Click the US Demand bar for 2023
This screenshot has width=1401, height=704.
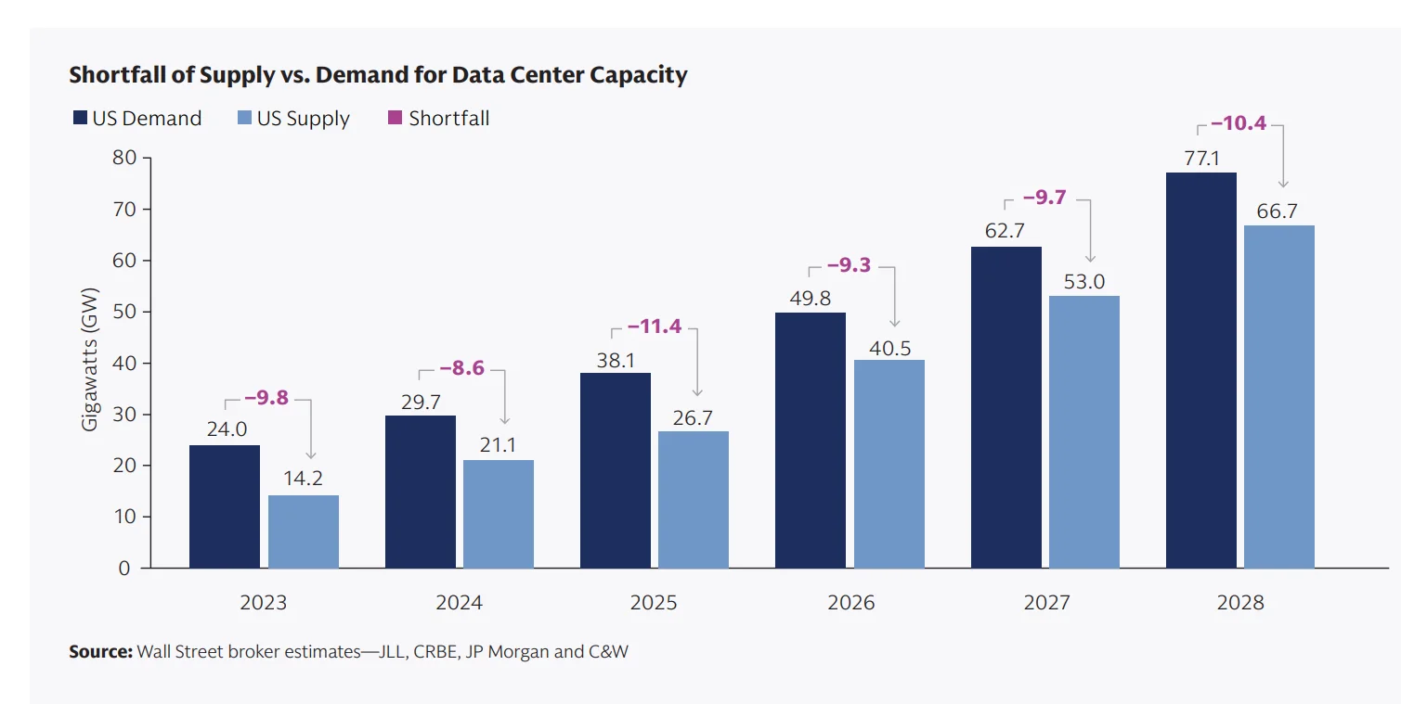coord(225,506)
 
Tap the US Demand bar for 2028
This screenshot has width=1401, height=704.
coord(1200,370)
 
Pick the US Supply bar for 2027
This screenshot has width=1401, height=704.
coord(1084,431)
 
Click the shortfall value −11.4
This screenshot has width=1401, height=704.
coord(655,326)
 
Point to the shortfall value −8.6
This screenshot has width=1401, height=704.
coord(462,368)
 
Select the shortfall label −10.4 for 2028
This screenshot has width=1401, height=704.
coord(1239,122)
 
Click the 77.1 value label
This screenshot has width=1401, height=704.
coord(1201,159)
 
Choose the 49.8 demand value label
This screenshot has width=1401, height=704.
coord(811,298)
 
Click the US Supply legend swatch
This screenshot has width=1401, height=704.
coord(246,119)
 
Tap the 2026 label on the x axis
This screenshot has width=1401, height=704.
coord(850,603)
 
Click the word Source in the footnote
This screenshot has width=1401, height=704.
coord(100,652)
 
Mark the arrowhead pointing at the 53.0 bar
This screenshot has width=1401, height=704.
coord(1091,258)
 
